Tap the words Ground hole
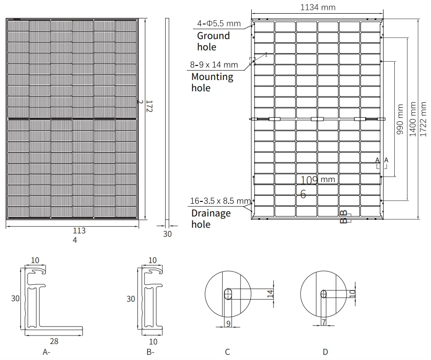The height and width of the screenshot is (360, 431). (213, 41)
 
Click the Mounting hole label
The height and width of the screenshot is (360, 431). (212, 82)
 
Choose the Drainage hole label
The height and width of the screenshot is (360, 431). (211, 219)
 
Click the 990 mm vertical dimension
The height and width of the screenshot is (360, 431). (400, 120)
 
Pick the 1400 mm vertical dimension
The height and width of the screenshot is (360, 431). (413, 120)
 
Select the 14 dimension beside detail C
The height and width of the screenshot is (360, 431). (269, 295)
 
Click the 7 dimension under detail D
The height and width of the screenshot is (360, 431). (324, 323)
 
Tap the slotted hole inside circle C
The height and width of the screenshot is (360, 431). (228, 294)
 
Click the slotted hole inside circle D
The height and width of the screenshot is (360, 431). (324, 294)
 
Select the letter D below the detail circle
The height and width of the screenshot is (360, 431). (325, 352)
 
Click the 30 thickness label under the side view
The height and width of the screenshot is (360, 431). (168, 234)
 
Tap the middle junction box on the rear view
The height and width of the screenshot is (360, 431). (318, 119)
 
